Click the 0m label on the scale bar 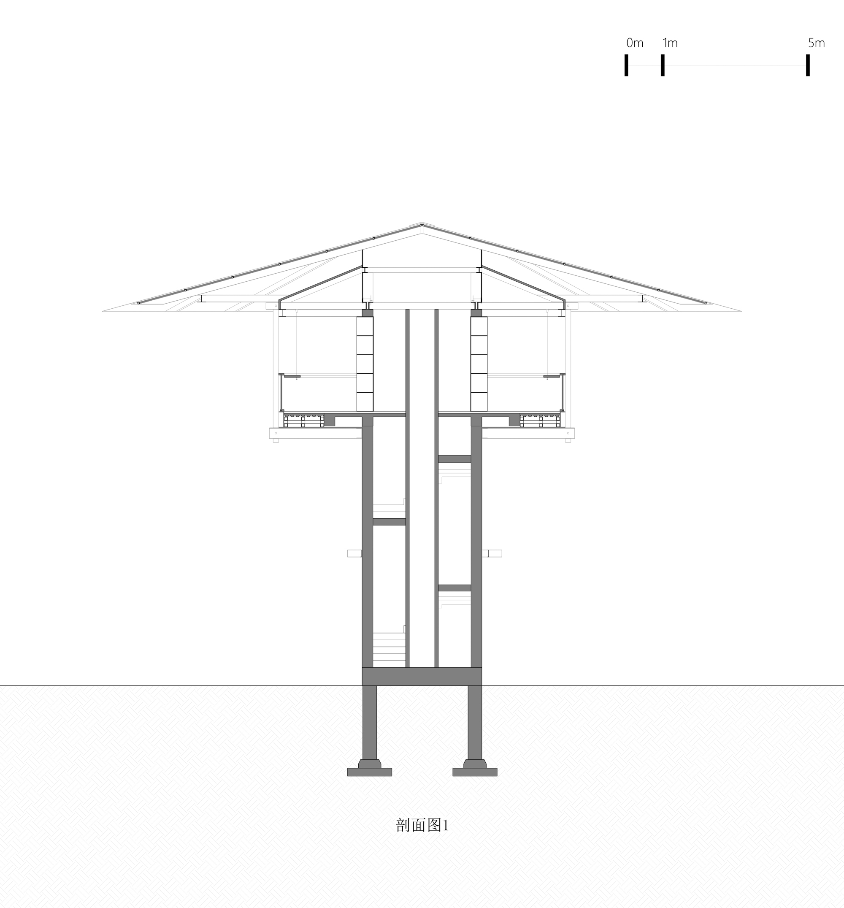point(635,43)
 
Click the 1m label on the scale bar point(670,43)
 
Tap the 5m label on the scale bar point(816,43)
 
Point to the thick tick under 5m point(807,65)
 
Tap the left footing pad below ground point(369,772)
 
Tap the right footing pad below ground point(475,772)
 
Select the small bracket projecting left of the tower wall point(354,553)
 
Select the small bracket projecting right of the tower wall point(495,553)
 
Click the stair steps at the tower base point(389,649)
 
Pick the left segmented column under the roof point(365,364)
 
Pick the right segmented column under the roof point(479,364)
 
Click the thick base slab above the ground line point(422,676)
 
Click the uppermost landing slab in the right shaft point(454,459)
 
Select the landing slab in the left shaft point(389,522)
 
